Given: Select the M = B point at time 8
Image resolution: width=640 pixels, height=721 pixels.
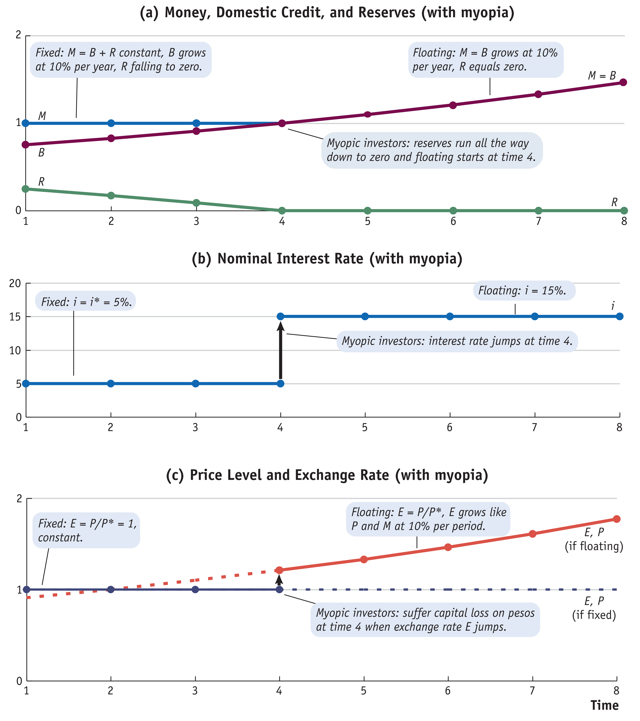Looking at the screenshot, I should click(x=623, y=82).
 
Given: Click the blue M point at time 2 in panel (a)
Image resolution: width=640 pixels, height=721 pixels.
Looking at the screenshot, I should click(x=111, y=123).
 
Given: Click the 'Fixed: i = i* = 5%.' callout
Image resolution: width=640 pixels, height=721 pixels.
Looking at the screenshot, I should click(x=86, y=302).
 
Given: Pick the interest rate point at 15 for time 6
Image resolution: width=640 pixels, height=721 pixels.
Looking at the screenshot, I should click(x=450, y=316).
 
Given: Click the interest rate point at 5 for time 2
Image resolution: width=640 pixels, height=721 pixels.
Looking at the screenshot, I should click(x=111, y=383).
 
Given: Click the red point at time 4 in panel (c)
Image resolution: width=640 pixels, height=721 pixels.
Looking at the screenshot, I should click(x=279, y=570).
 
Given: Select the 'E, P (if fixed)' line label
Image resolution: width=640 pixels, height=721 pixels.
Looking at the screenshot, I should click(x=594, y=608).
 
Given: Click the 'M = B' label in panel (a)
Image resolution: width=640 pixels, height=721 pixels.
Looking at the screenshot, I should click(x=602, y=76).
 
